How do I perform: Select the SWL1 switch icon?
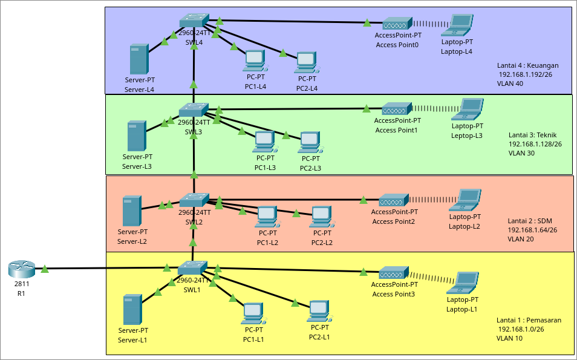193,267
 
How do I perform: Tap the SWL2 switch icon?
194,200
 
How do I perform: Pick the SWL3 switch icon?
194,110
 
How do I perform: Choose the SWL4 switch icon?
194,21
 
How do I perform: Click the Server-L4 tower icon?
139,59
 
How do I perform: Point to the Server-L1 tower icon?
132,309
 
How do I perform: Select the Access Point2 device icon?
394,200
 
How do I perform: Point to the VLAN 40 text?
510,83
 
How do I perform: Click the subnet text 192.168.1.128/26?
535,144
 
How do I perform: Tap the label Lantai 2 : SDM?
530,220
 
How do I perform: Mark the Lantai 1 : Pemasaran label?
529,319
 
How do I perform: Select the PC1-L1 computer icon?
253,313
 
